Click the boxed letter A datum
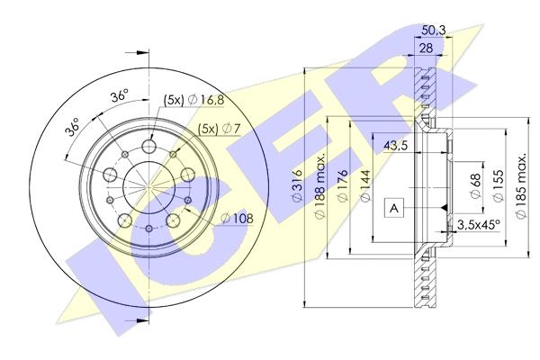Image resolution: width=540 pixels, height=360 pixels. [x=393, y=208]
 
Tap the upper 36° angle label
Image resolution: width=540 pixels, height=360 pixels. [x=118, y=94]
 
